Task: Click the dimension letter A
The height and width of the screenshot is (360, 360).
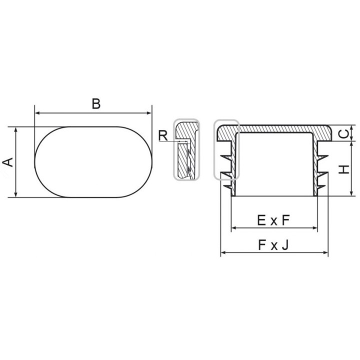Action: pos(8,162)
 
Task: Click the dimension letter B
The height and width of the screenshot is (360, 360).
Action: pos(96,103)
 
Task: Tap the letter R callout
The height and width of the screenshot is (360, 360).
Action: pos(163,135)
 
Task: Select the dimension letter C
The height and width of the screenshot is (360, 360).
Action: pos(343,133)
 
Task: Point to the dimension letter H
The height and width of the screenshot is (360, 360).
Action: pos(344,169)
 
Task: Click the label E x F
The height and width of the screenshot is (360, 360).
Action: pos(273,220)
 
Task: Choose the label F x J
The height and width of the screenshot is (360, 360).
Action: pos(273,245)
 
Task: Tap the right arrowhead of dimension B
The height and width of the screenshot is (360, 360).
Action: pos(149,113)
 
